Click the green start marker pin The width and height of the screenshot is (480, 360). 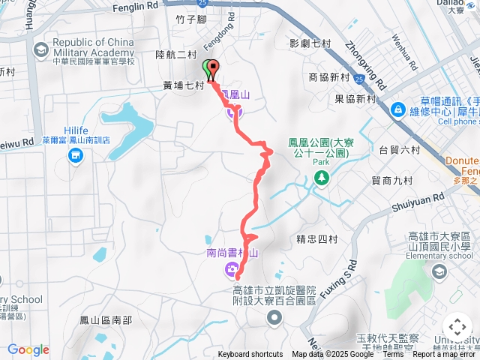pos(207,67)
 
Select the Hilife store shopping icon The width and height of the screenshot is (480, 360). pos(76,155)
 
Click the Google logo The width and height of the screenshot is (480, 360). pos(28,349)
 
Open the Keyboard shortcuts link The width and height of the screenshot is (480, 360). pos(250,355)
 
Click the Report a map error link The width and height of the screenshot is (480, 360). pos(445,355)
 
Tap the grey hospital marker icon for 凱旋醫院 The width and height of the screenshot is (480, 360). pos(273,319)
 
